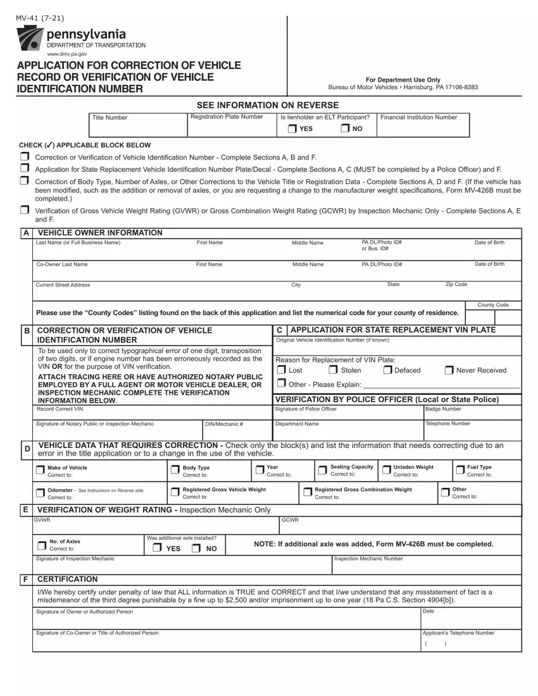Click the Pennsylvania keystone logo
[30, 39]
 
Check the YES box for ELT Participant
[292, 129]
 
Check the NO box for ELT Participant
[345, 129]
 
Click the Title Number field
[138, 125]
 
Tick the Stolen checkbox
[333, 370]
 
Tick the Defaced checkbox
[387, 370]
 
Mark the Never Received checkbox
[449, 370]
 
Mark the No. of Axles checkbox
[42, 545]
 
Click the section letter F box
[25, 579]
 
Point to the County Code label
[493, 305]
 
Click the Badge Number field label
[443, 409]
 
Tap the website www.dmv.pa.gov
[67, 54]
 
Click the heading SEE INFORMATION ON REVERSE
[268, 105]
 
